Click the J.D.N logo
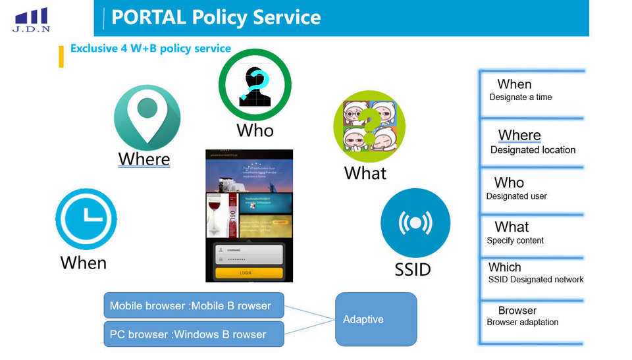click(31, 20)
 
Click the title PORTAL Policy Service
click(216, 17)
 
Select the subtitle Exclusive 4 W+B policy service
click(151, 49)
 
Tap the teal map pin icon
click(147, 117)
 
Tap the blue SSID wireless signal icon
click(415, 223)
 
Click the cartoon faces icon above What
click(369, 127)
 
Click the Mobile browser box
click(194, 305)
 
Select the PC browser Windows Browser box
click(194, 334)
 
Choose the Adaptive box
click(376, 319)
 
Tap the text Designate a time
click(521, 97)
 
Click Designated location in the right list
click(533, 150)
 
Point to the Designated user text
click(516, 196)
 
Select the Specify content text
click(515, 240)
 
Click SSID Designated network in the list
click(536, 280)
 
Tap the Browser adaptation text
click(523, 322)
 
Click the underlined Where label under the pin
click(144, 159)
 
